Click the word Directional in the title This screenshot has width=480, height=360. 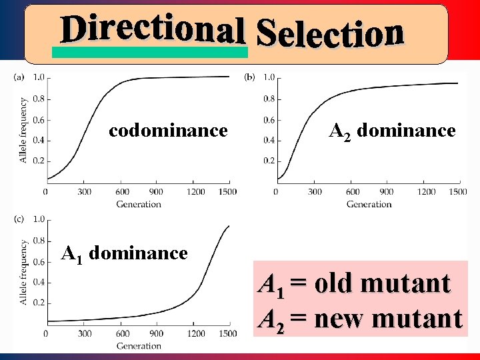click(151, 29)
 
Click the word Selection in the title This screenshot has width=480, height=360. click(330, 33)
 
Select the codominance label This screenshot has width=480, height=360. click(168, 130)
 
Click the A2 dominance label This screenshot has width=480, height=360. click(393, 131)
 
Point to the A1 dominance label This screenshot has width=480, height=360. click(124, 254)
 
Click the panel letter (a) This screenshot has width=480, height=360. click(19, 77)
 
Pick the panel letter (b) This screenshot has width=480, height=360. click(250, 77)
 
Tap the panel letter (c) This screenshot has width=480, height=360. click(19, 219)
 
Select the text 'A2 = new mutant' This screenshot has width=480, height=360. click(359, 318)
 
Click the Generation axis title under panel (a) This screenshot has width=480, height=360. click(139, 204)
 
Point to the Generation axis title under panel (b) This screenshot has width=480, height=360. click(369, 204)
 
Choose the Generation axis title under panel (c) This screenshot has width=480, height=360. click(139, 345)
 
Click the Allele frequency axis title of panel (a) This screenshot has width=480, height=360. click(23, 130)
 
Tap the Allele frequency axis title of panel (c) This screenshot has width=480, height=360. click(23, 272)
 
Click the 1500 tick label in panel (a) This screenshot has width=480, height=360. click(227, 192)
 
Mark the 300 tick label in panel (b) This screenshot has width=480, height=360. click(315, 192)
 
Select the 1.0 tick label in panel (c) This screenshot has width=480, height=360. click(39, 219)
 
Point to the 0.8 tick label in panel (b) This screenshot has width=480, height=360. click(269, 99)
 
